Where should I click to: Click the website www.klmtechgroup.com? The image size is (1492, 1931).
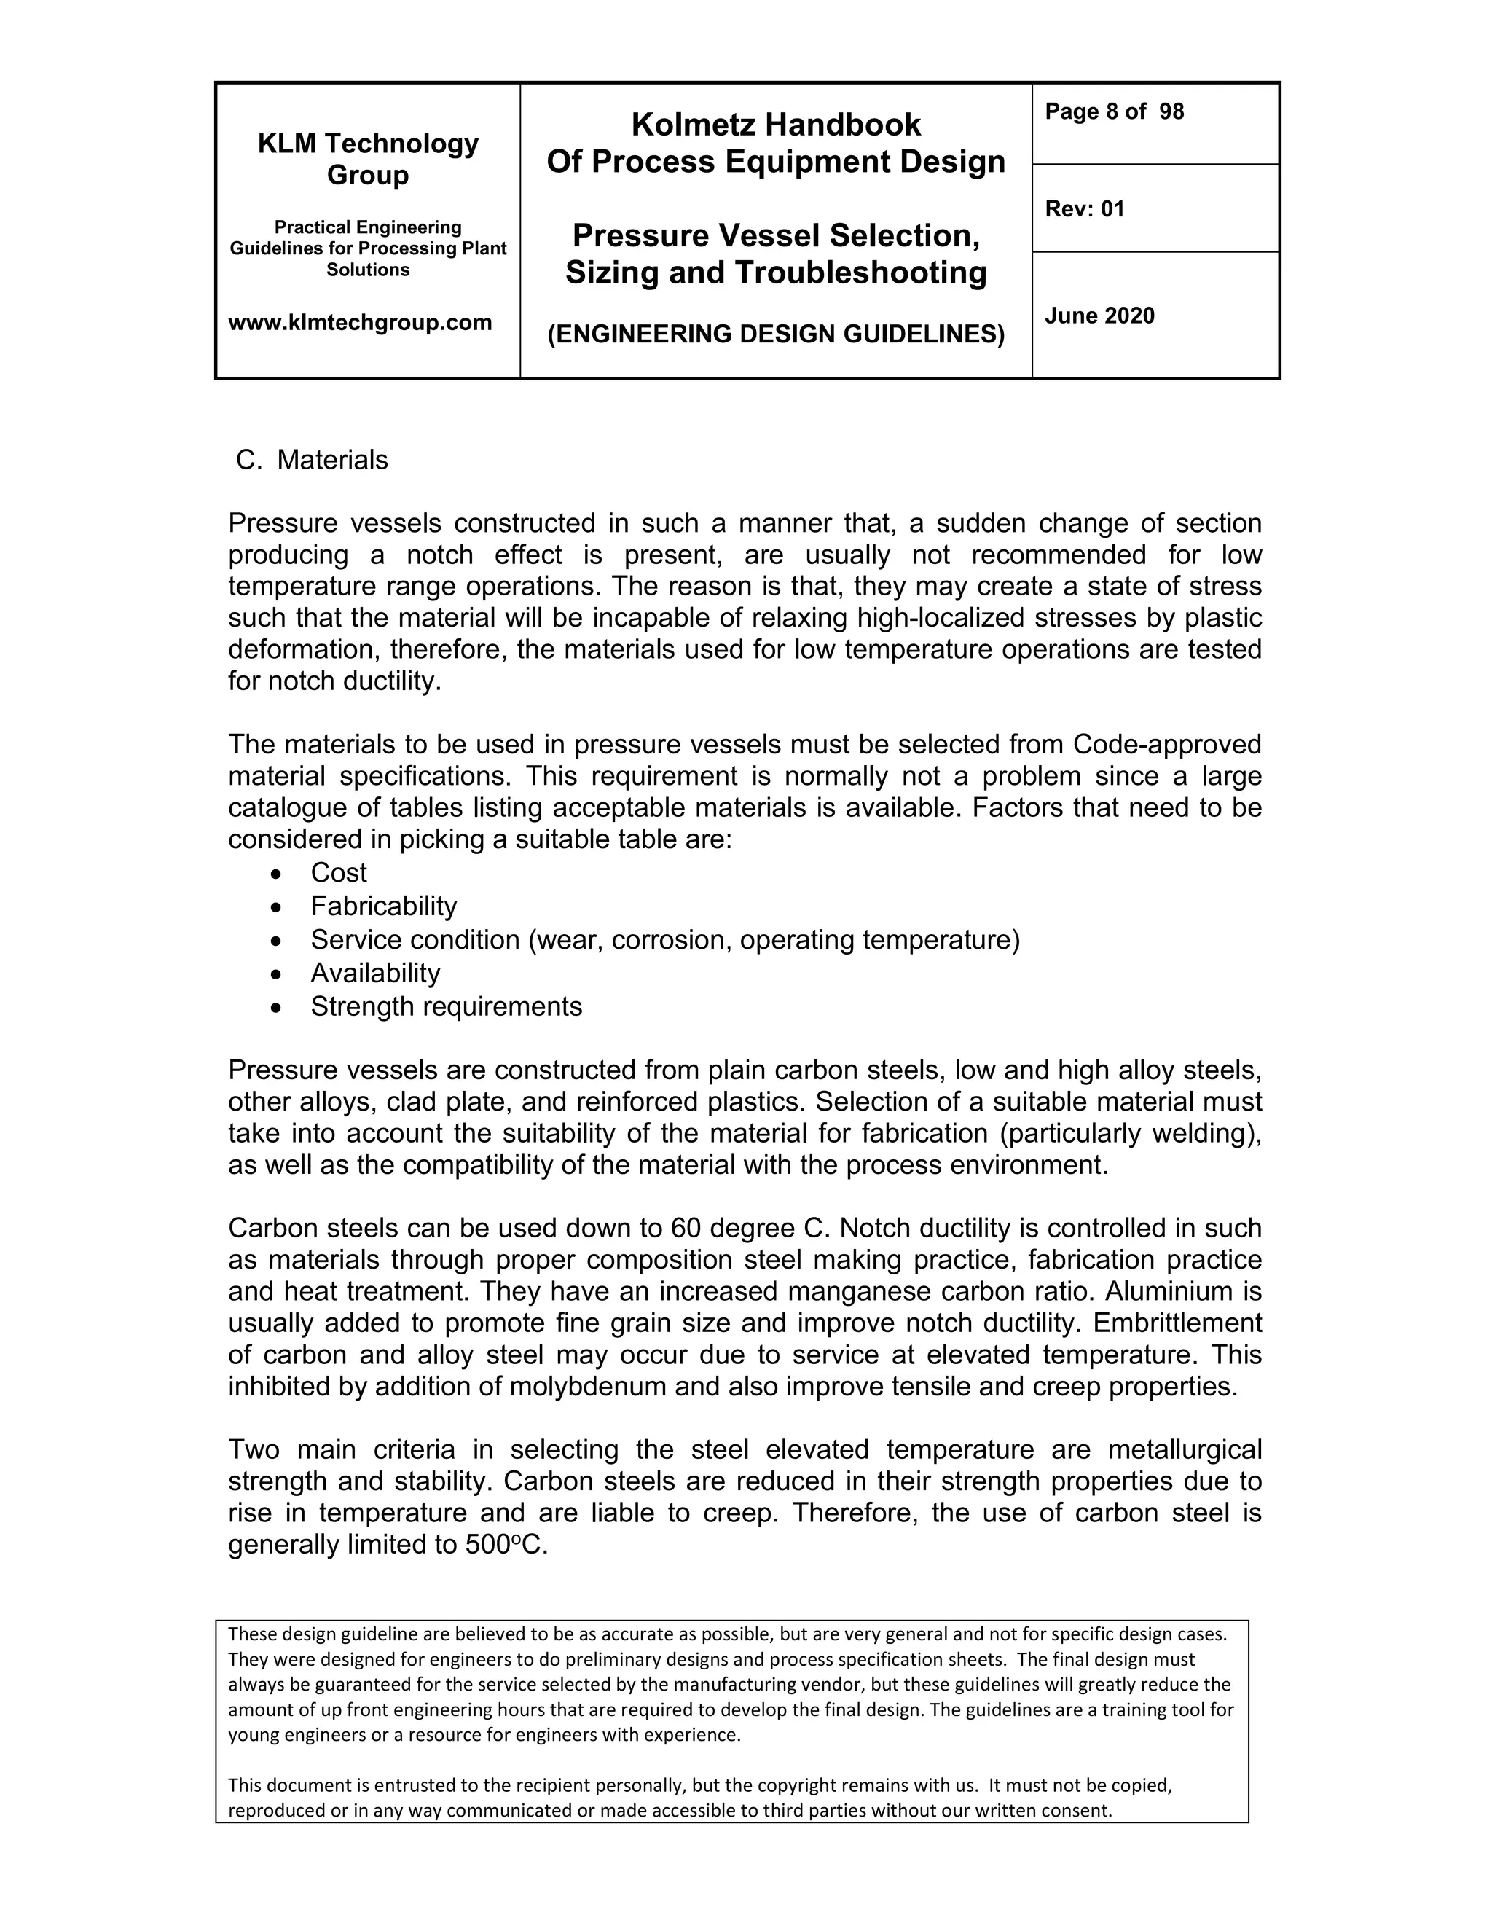(360, 323)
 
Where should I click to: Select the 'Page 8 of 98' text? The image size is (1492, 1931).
(1114, 111)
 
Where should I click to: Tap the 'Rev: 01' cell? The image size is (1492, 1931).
(1085, 210)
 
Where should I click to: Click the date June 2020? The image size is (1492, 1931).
(1099, 316)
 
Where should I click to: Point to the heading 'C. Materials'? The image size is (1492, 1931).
(312, 460)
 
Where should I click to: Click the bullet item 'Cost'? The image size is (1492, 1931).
(339, 873)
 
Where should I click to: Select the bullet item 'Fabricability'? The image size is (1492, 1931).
(384, 906)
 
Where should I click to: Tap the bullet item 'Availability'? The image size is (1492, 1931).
(374, 974)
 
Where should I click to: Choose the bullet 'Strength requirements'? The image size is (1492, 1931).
(447, 1006)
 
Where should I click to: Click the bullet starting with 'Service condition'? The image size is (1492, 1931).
(664, 940)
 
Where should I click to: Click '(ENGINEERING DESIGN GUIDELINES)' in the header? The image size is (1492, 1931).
(776, 334)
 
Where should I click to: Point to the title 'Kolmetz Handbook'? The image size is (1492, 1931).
(776, 125)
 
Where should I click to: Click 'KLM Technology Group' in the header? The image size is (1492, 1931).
(368, 159)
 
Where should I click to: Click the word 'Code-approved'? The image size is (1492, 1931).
(1167, 745)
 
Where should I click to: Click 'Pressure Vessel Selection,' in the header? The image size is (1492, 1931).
(776, 236)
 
